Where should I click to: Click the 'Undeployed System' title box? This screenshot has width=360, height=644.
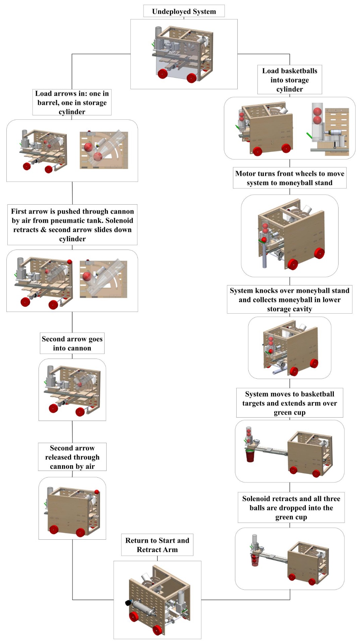coord(184,11)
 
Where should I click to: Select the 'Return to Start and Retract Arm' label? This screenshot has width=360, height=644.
coord(157,545)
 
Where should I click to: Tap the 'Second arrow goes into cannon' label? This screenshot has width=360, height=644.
coord(72,343)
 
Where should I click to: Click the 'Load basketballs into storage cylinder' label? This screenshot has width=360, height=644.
coord(290,80)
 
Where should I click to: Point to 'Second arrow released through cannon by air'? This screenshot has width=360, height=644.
coord(72,457)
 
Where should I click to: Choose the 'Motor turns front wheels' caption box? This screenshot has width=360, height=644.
coord(290,178)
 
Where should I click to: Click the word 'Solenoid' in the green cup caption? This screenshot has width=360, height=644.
coord(257,499)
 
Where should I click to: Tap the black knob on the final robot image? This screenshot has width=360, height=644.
coord(128,603)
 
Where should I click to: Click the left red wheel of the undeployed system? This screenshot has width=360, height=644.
coord(163,73)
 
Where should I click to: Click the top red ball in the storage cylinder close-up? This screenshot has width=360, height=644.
coord(317,112)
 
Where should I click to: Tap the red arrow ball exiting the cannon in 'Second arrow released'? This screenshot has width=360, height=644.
coord(97,492)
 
